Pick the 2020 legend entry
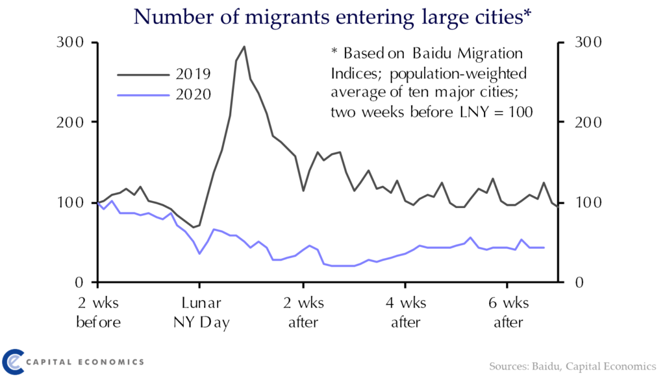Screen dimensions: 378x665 193,94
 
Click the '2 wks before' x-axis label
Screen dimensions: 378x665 99,313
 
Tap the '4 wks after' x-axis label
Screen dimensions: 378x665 407,313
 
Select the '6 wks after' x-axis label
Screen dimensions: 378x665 509,313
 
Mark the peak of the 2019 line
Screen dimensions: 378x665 244,47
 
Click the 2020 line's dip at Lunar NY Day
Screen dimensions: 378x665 199,253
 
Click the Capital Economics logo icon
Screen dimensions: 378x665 14,360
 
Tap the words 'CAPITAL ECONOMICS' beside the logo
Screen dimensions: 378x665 85,361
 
